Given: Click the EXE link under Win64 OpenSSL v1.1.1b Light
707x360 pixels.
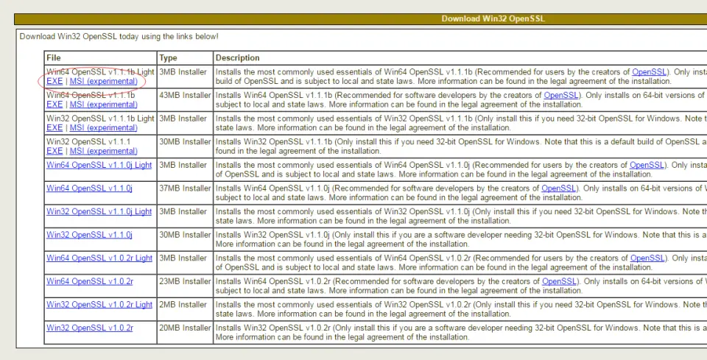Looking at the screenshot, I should click(54, 82).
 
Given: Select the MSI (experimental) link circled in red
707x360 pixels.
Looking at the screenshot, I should click(104, 82).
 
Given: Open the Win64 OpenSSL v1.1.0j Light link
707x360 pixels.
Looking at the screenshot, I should click(99, 165).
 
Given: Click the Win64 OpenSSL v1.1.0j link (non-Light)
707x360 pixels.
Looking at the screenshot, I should click(89, 188).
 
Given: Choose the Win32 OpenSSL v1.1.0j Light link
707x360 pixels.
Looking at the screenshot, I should click(99, 211).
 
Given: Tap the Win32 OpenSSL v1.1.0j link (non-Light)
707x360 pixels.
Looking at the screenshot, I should click(89, 235).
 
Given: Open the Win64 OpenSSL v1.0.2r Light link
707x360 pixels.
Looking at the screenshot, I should click(99, 258).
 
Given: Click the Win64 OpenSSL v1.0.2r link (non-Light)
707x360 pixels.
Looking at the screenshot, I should click(90, 281).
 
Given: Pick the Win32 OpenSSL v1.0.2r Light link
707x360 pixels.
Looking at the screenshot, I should click(99, 305).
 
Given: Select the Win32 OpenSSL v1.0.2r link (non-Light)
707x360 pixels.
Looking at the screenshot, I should click(90, 328).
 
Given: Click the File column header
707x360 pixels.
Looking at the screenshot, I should click(53, 57).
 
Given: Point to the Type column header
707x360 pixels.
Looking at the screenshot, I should click(168, 57).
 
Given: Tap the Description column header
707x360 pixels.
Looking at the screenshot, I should click(237, 57).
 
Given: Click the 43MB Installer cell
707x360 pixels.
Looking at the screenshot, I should click(185, 95).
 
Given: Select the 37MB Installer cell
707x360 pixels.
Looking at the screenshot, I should click(185, 188).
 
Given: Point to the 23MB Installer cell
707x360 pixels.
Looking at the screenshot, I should click(185, 281).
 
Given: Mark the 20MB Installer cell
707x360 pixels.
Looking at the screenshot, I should click(185, 328).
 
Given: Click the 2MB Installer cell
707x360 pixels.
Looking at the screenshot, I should click(185, 305).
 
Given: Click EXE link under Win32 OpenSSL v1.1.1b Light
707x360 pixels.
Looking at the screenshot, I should click(54, 128).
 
